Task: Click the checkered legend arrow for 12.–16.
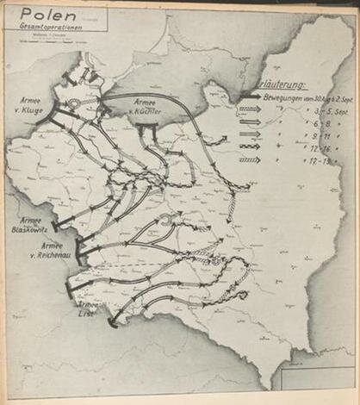250,147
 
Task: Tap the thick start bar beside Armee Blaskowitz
58,227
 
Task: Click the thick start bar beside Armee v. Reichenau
81,251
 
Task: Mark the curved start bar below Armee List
112,323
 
